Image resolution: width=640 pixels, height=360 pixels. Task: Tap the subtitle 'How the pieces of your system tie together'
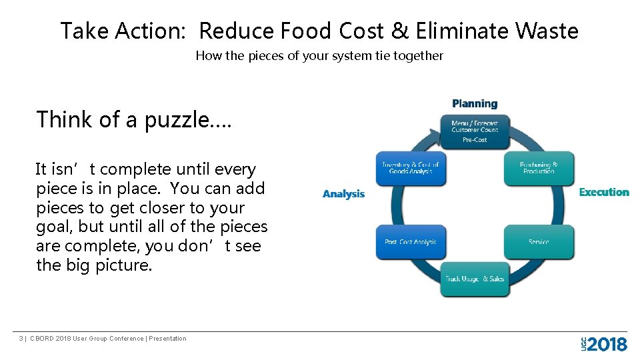click(x=319, y=56)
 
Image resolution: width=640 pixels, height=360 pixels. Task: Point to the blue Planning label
click(x=474, y=104)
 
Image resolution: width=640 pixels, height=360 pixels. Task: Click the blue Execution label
click(x=603, y=192)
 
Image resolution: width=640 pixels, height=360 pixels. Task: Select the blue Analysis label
click(x=343, y=194)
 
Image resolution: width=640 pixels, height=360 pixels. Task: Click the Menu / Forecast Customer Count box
click(x=474, y=131)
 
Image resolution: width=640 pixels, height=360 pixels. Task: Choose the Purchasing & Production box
click(x=539, y=168)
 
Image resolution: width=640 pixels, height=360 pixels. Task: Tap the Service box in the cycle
click(x=539, y=242)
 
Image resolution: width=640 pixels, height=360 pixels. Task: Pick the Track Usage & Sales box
click(x=475, y=279)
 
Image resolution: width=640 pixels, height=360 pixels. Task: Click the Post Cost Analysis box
click(x=411, y=242)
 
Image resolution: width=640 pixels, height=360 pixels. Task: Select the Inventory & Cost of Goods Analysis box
click(x=411, y=168)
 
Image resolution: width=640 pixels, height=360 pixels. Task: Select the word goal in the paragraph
click(x=51, y=227)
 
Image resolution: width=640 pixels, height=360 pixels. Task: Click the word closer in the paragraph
click(x=155, y=208)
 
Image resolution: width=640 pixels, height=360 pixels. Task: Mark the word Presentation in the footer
click(x=167, y=339)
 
